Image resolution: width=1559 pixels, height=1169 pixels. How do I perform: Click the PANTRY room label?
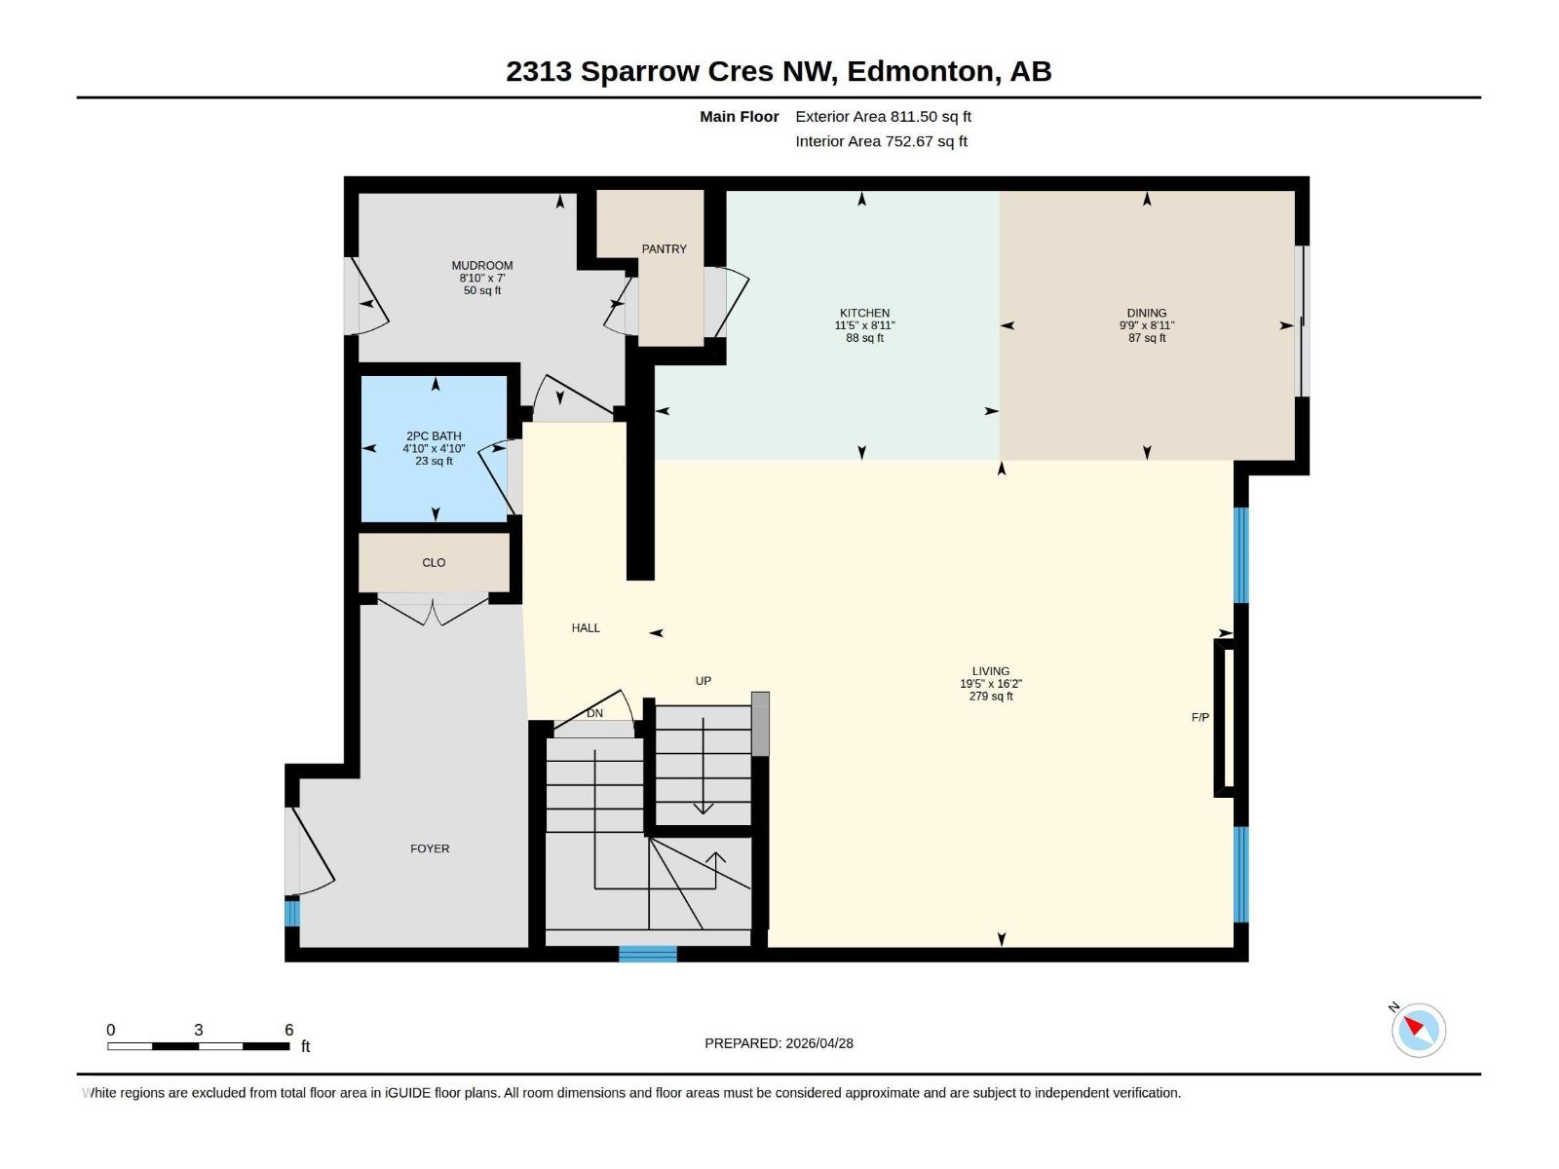(664, 249)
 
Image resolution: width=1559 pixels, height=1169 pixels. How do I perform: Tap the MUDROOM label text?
(481, 266)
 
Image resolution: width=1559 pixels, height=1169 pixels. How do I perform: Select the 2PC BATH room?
(434, 448)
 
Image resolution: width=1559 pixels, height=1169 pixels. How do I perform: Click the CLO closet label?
(434, 563)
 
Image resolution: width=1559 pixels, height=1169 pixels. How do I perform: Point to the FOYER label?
(430, 849)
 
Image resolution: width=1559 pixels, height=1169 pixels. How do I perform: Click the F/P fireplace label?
(1200, 718)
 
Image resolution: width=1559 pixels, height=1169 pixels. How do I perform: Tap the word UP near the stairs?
(703, 681)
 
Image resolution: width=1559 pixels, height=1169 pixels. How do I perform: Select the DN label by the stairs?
(594, 713)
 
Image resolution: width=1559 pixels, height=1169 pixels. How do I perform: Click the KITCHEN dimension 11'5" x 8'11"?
(864, 325)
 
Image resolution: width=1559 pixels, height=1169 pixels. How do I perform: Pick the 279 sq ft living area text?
(991, 697)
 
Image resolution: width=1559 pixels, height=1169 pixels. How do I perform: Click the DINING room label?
(1146, 314)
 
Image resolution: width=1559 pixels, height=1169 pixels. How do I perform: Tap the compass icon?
(1418, 1030)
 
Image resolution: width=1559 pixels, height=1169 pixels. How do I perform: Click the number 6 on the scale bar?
(289, 1030)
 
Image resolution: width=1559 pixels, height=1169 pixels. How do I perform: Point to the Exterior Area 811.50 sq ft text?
(883, 117)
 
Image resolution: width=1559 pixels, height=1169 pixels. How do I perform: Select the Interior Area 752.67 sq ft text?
(881, 141)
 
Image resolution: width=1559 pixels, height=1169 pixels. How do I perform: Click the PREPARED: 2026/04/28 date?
(779, 1043)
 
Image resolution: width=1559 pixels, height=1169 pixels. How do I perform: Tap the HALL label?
(586, 628)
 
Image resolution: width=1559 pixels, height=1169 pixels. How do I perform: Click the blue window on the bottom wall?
(648, 954)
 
